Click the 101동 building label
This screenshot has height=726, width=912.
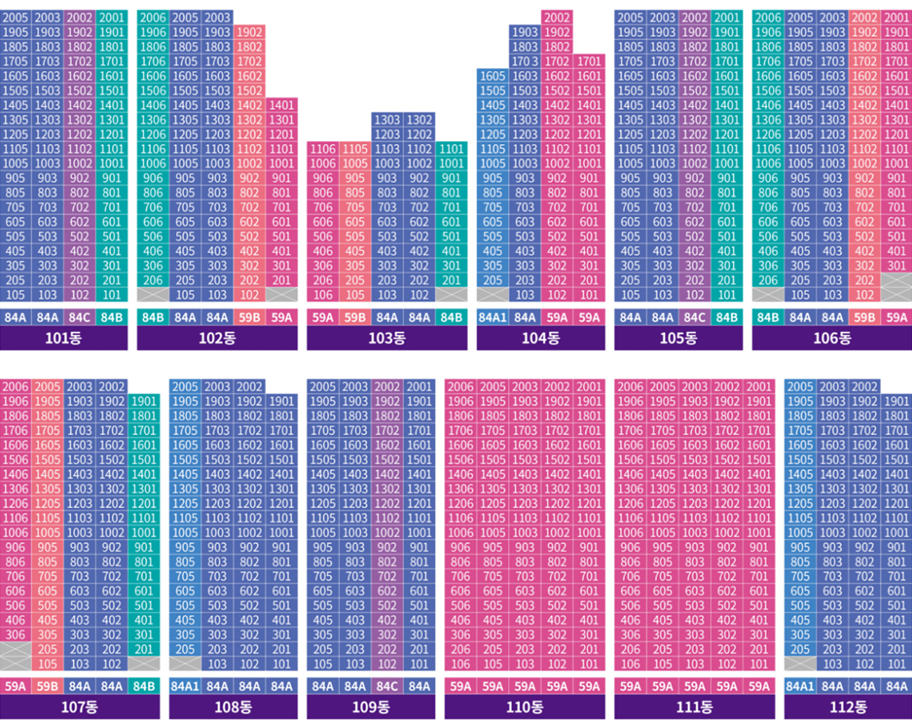tap(63, 338)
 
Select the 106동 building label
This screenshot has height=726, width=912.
tap(832, 338)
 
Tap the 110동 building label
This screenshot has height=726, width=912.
tap(525, 707)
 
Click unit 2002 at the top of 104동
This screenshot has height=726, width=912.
tap(557, 18)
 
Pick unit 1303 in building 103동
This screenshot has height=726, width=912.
tap(387, 119)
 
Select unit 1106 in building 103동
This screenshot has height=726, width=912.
tap(323, 149)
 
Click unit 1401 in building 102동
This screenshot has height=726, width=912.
tap(281, 105)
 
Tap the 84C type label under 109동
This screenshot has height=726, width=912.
tap(387, 686)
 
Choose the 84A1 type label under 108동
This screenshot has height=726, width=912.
tap(185, 686)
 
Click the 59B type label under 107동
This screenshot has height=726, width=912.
tap(48, 686)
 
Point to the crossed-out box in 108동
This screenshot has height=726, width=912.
tap(185, 664)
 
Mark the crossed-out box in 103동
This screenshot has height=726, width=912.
tap(451, 294)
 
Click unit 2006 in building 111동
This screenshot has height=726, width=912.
tap(630, 387)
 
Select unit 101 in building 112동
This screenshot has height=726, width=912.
tap(897, 664)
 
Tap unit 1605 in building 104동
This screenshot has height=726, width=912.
tap(492, 76)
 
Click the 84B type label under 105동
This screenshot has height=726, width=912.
tap(726, 317)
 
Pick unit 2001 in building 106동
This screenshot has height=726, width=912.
tap(897, 18)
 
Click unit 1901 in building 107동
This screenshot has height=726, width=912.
tap(144, 401)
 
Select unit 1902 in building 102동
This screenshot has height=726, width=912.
tap(249, 32)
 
